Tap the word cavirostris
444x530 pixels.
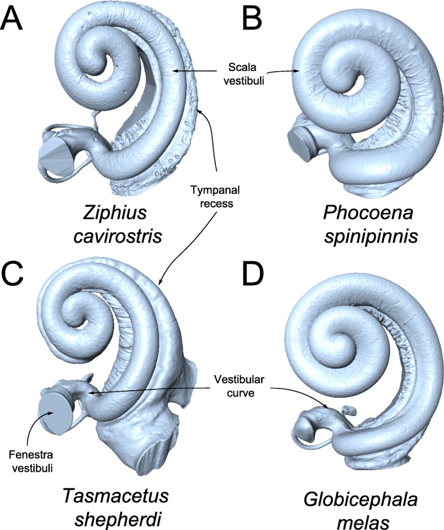point(117,236)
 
